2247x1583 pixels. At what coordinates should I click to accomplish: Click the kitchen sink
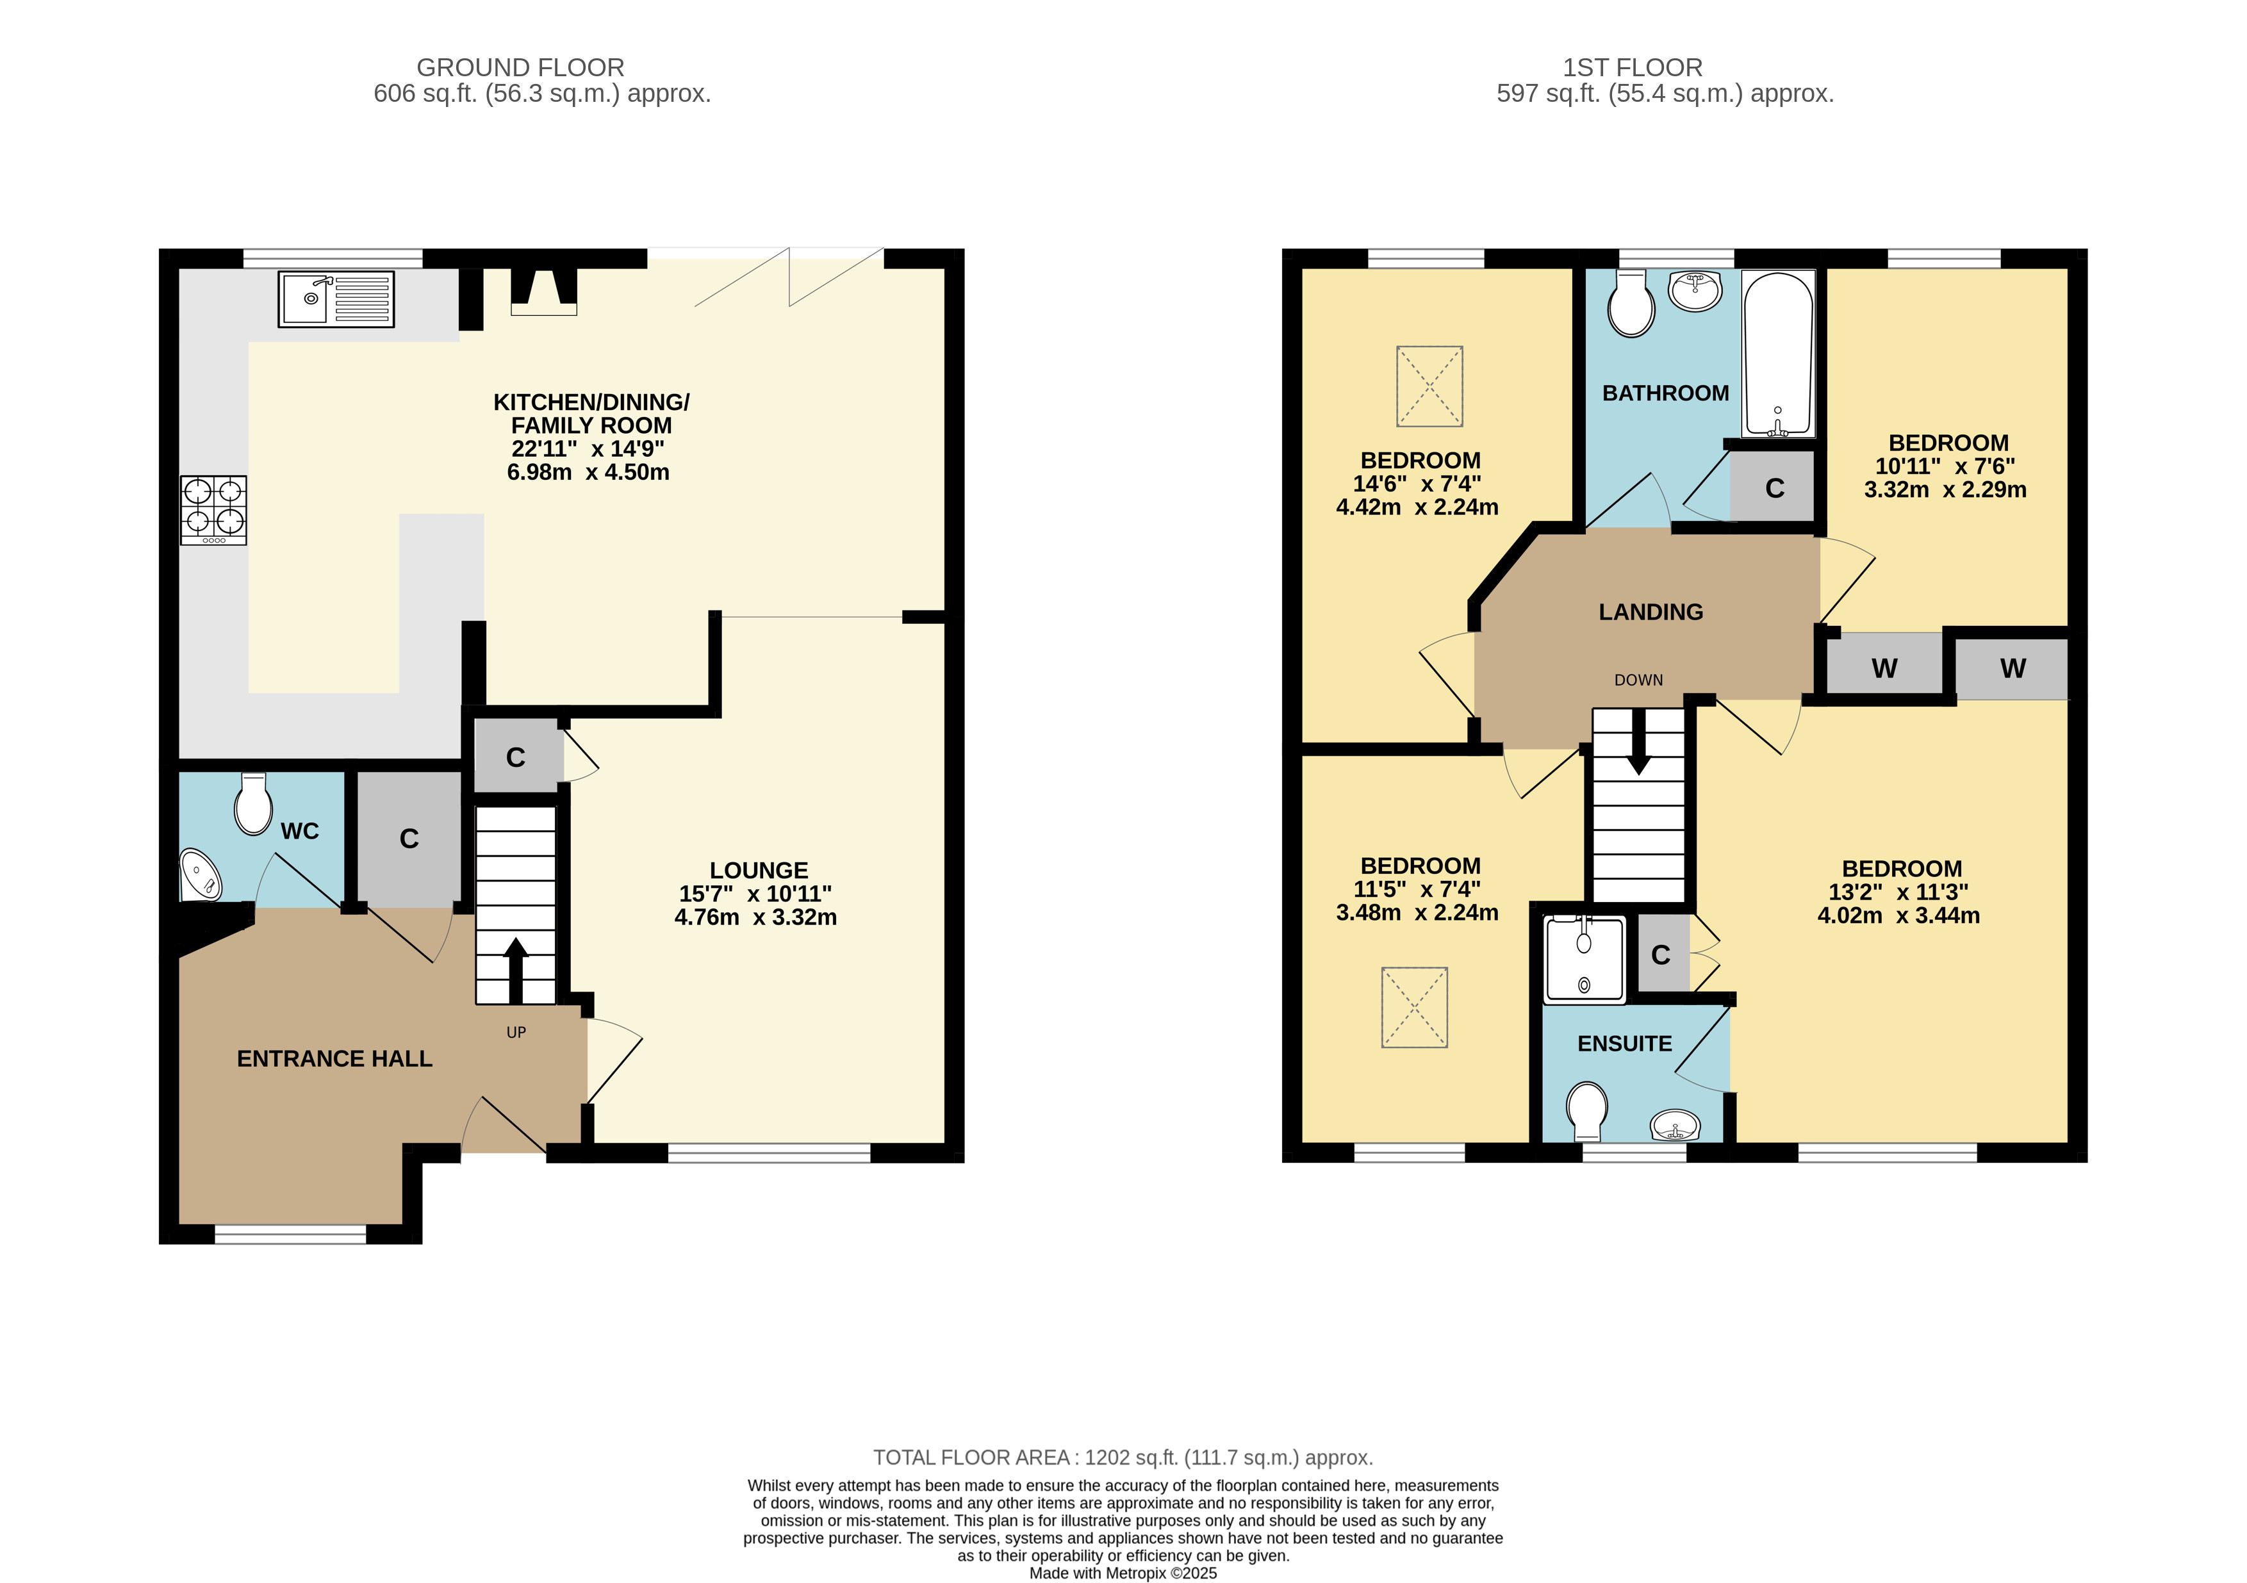pyautogui.click(x=336, y=299)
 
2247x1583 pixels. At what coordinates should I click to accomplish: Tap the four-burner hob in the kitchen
pyautogui.click(x=213, y=510)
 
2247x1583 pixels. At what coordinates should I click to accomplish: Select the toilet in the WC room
pyautogui.click(x=254, y=803)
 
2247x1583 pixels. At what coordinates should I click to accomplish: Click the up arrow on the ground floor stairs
pyautogui.click(x=514, y=971)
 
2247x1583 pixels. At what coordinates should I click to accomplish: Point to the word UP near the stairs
pyautogui.click(x=516, y=1032)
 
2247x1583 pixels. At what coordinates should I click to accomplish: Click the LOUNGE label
pyautogui.click(x=759, y=870)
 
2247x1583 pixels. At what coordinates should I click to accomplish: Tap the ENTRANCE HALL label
pyautogui.click(x=334, y=1058)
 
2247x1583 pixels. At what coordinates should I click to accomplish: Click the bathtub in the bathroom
pyautogui.click(x=1778, y=354)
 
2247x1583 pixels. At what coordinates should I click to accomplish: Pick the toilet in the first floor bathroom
pyautogui.click(x=1631, y=304)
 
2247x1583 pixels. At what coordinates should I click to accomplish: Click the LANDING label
pyautogui.click(x=1651, y=611)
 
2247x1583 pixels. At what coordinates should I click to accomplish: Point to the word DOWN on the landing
pyautogui.click(x=1638, y=680)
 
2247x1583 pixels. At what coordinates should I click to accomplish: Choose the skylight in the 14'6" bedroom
pyautogui.click(x=1430, y=386)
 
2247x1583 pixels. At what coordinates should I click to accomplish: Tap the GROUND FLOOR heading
pyautogui.click(x=521, y=67)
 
